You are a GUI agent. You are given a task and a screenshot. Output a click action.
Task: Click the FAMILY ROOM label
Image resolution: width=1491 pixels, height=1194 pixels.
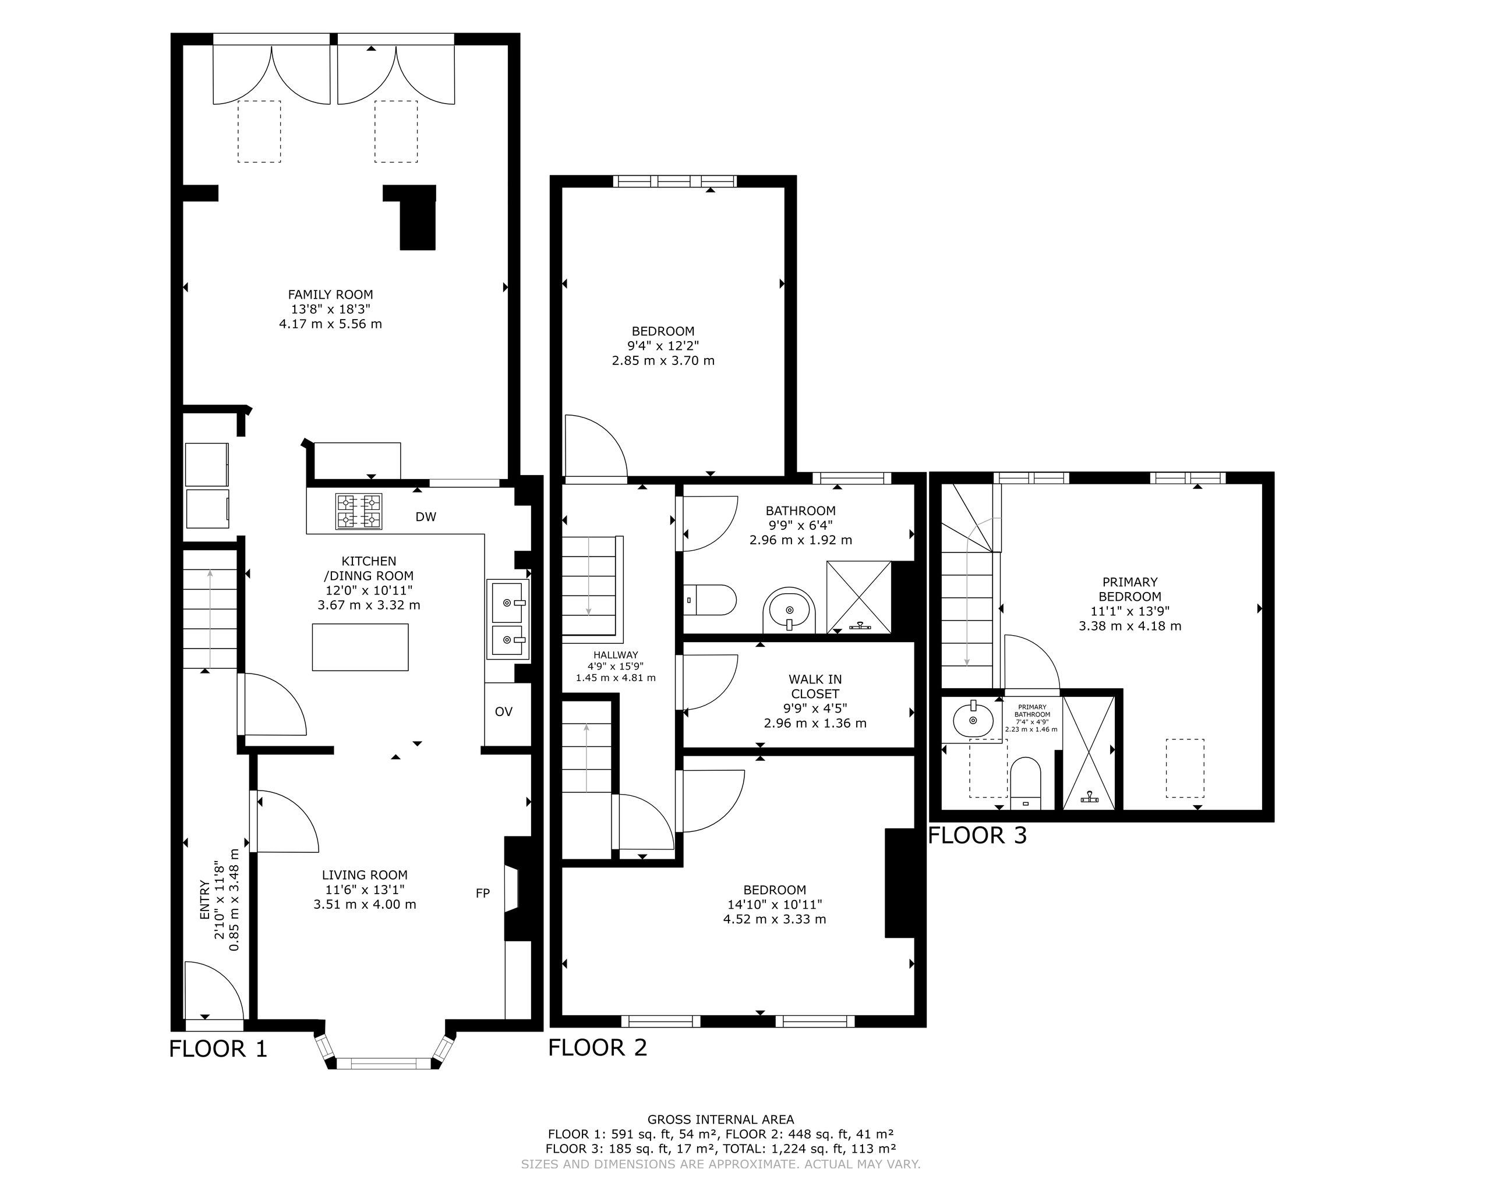(331, 295)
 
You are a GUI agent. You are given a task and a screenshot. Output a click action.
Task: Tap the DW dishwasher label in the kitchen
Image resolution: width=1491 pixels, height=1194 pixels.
(426, 517)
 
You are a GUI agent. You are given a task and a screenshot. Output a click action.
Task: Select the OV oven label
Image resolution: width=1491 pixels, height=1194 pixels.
(503, 711)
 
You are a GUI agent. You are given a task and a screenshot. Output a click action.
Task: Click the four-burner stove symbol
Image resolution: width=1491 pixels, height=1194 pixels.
(359, 512)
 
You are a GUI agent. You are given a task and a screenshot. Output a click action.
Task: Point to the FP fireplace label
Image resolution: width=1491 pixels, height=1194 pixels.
(483, 893)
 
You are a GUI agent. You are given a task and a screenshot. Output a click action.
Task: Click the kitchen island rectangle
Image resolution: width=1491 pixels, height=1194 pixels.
(361, 647)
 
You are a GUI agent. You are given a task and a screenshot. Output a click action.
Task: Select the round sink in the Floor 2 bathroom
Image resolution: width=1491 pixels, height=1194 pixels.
(790, 611)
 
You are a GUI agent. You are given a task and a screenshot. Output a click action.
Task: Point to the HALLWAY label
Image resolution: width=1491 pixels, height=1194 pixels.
(616, 655)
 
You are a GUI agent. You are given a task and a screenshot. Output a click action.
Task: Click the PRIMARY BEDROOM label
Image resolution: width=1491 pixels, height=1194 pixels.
(1130, 589)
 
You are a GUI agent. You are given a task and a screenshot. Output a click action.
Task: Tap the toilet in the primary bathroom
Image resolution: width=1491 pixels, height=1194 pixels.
(1026, 784)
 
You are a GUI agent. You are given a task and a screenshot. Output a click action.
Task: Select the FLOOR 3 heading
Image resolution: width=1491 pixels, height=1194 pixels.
(977, 835)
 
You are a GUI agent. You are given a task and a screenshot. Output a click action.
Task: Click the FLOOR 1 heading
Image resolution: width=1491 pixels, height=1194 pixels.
(218, 1049)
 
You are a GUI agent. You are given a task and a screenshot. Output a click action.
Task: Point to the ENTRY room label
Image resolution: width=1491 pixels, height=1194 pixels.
(204, 899)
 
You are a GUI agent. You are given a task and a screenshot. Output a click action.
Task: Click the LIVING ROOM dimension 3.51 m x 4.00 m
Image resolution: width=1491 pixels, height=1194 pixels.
(365, 904)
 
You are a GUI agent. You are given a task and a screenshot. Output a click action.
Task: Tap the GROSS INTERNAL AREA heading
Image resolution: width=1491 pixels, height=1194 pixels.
(720, 1119)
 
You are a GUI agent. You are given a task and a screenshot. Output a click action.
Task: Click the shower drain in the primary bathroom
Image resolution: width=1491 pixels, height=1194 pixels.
(1089, 798)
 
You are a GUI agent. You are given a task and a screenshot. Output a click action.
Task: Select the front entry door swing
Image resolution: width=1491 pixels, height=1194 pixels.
(214, 990)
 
